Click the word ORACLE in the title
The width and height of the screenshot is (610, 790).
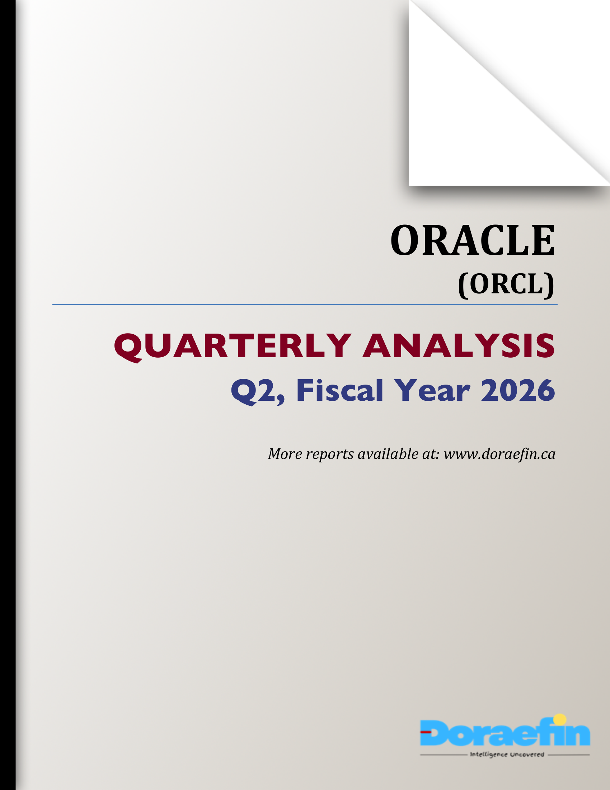[x=472, y=240]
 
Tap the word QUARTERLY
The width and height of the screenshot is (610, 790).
[x=233, y=346]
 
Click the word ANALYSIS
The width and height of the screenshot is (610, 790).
[x=459, y=346]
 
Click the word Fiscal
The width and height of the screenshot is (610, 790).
[x=340, y=390]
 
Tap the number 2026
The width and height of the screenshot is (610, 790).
[x=517, y=390]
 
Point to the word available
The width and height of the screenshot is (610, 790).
[x=388, y=454]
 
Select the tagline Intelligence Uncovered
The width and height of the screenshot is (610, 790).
[x=507, y=754]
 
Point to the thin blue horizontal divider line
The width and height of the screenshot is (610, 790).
[x=305, y=305]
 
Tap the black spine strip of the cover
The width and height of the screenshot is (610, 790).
[x=8, y=395]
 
